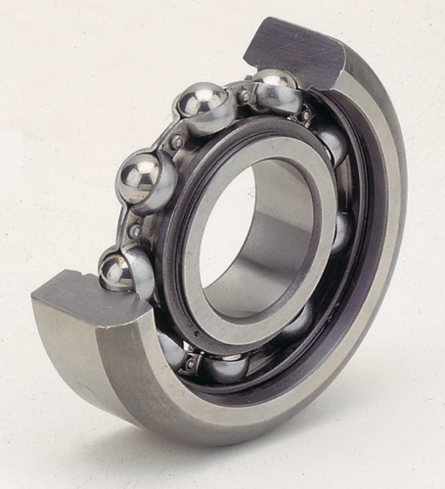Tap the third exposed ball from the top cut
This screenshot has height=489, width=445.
click(146, 179)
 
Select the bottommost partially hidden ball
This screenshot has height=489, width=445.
click(227, 368)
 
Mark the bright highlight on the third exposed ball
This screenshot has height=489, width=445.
click(136, 173)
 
